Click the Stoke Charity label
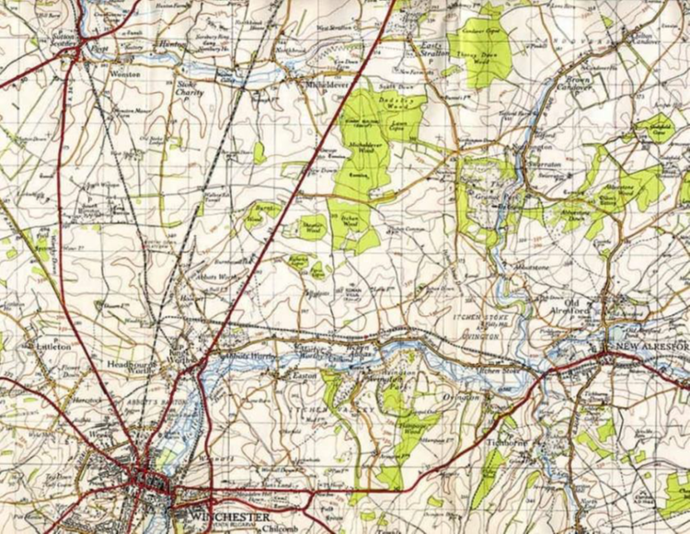[x=188, y=87]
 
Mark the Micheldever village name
[x=328, y=83]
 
